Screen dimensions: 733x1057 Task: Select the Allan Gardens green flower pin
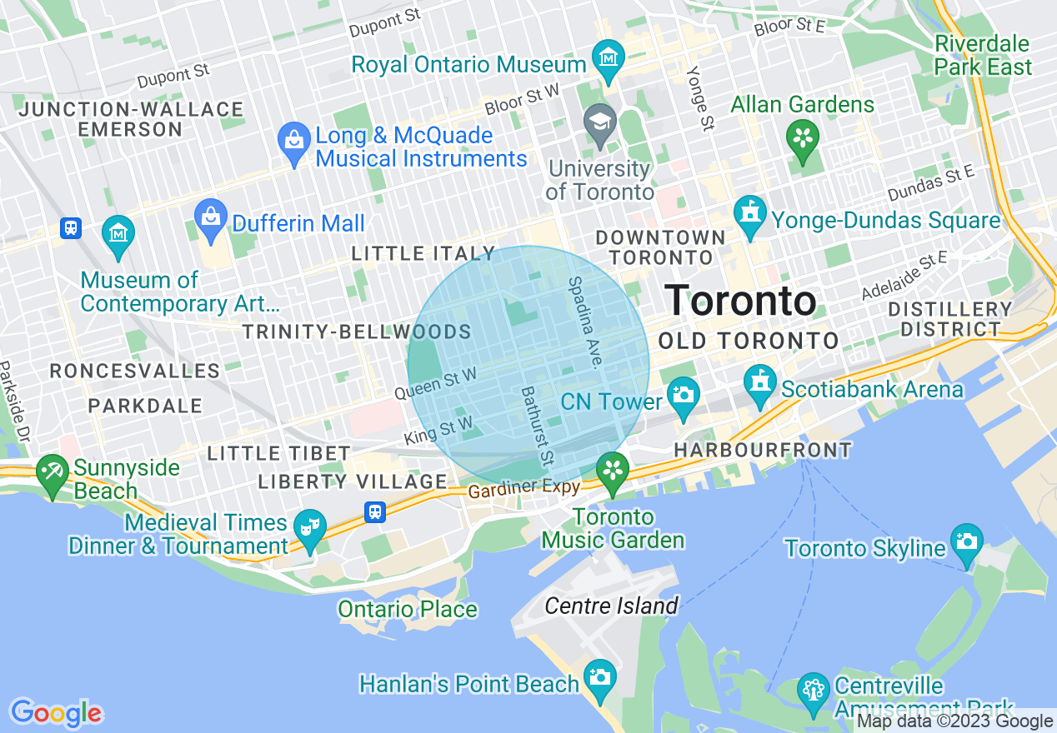point(803,138)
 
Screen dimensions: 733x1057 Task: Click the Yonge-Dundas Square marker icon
point(750,214)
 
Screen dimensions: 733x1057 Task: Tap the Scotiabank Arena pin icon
point(759,383)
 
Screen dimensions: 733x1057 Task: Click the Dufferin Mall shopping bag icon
point(210,217)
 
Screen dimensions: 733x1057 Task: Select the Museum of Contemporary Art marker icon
point(118,232)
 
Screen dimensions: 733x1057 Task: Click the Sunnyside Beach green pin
point(52,473)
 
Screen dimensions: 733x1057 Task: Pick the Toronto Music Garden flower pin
point(613,471)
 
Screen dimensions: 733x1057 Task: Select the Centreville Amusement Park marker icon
point(813,690)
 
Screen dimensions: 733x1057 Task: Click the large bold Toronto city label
point(740,301)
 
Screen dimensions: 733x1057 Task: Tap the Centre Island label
point(611,606)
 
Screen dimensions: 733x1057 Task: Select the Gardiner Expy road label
point(523,488)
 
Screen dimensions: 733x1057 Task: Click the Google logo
point(56,713)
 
